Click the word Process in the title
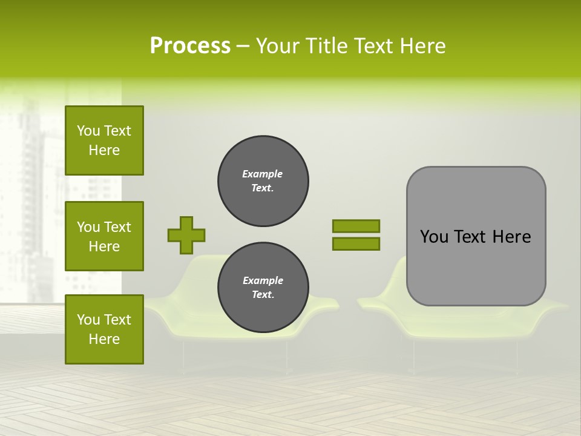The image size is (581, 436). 190,46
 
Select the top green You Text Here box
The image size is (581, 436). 104,140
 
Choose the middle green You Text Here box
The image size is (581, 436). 104,236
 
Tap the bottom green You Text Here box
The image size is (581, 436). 104,329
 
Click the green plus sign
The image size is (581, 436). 186,235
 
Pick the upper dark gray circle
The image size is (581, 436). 263,181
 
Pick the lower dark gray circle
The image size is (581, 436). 263,288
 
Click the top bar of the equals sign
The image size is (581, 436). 356,226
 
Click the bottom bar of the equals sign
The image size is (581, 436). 356,244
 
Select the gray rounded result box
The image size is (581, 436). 476,236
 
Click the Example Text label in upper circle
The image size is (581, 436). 263,181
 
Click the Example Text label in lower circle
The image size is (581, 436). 263,288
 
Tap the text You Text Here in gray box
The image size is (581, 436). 475,237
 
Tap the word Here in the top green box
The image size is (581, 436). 104,150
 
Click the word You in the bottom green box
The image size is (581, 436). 89,320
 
